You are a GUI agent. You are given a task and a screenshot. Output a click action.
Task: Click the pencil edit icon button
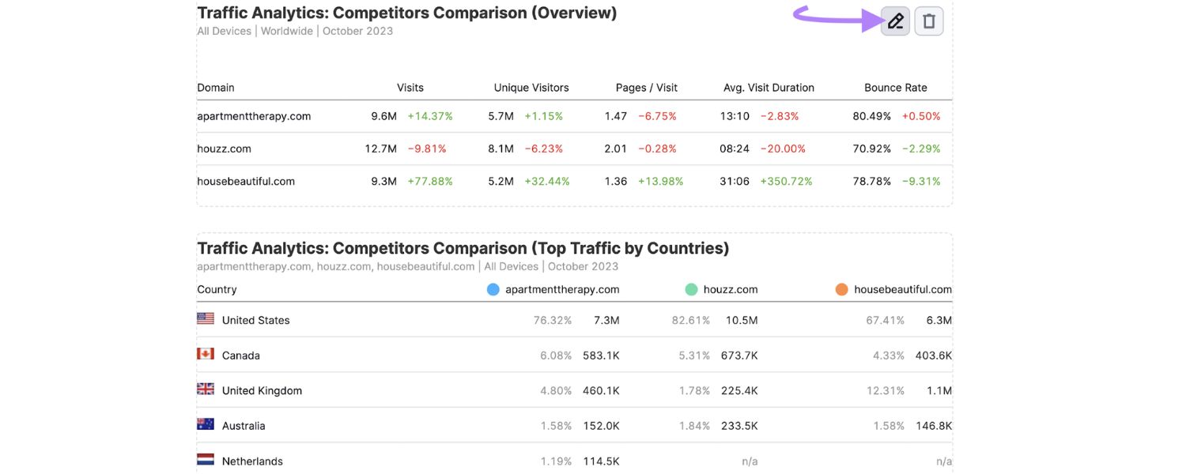[x=895, y=21]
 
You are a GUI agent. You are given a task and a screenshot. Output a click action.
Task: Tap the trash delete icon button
[x=929, y=21]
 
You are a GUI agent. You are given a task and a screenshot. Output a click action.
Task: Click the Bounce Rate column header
[x=895, y=88]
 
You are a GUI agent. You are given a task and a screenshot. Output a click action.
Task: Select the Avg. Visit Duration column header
[x=769, y=88]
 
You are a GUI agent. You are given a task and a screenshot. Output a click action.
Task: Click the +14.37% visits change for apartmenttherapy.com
[x=430, y=116]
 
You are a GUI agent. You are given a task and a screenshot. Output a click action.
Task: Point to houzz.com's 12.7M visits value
[x=380, y=149]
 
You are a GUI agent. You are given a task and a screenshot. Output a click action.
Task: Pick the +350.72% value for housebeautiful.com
[x=786, y=181]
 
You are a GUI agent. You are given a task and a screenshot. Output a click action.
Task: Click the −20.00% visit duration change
[x=783, y=149]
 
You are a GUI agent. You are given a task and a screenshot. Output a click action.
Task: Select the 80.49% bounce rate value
[x=871, y=116]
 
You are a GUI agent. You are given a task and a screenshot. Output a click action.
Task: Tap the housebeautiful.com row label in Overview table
[x=246, y=181]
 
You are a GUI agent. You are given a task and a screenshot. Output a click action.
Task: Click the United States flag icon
[x=206, y=318]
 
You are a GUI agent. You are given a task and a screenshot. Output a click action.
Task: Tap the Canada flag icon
[x=206, y=354]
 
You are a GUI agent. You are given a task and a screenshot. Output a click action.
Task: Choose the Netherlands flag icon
[x=206, y=459]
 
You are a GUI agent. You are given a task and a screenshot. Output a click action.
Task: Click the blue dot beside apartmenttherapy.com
[x=493, y=290]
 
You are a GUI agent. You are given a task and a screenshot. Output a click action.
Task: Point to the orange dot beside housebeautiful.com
[x=842, y=290]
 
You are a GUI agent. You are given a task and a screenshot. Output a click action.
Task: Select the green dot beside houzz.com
[x=691, y=290]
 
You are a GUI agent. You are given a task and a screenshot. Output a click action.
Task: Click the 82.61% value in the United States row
[x=690, y=320]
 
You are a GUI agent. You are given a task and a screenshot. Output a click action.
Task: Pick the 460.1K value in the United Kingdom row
[x=601, y=390]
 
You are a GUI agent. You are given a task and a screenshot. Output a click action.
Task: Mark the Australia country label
[x=244, y=426]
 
